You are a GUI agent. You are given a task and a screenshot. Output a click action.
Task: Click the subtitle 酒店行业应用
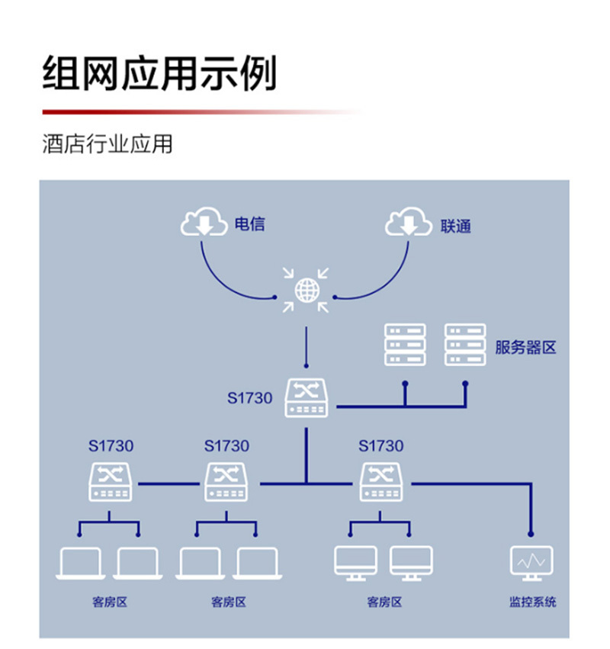(108, 144)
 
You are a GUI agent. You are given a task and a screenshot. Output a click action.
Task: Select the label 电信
(249, 224)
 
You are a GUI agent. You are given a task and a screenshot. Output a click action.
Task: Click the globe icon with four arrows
(306, 290)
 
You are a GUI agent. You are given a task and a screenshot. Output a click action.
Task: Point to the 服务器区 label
(525, 348)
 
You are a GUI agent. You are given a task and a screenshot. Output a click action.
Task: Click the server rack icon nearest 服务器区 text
(465, 345)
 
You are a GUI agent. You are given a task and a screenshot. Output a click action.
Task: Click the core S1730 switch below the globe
(306, 398)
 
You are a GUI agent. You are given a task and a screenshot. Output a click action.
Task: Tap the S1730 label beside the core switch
(249, 397)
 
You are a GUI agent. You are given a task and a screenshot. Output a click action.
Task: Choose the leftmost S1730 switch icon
(111, 482)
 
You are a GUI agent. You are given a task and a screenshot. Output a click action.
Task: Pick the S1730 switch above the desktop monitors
(380, 482)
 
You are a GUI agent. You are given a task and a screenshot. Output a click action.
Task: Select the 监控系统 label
(532, 602)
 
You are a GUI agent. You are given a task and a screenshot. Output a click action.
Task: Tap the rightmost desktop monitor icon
(411, 563)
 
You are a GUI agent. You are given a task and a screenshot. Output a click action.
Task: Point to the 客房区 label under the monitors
(384, 602)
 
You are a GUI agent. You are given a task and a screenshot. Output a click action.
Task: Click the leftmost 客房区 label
(109, 602)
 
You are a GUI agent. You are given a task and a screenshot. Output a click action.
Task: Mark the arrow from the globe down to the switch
(306, 347)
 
